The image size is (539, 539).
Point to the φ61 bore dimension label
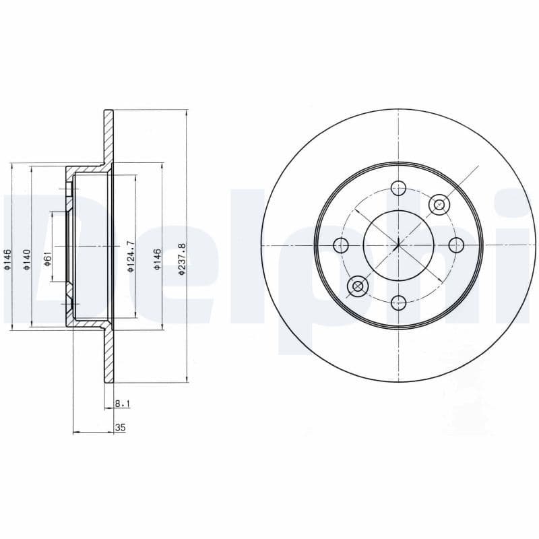point(47,258)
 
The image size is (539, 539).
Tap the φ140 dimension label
point(27,259)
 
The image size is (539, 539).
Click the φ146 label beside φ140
point(7,259)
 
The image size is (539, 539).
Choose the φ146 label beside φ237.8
point(156,259)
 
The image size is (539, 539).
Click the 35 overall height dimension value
point(121,427)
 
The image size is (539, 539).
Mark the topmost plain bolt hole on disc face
point(398,188)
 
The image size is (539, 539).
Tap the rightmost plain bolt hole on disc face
point(455,245)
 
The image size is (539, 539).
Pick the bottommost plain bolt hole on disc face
point(398,302)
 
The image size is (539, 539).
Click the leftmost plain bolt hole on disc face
point(341,245)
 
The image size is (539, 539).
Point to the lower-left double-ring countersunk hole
point(357,287)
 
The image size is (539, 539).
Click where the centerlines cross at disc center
point(398,245)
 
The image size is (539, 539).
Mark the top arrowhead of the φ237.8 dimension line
point(186,112)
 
